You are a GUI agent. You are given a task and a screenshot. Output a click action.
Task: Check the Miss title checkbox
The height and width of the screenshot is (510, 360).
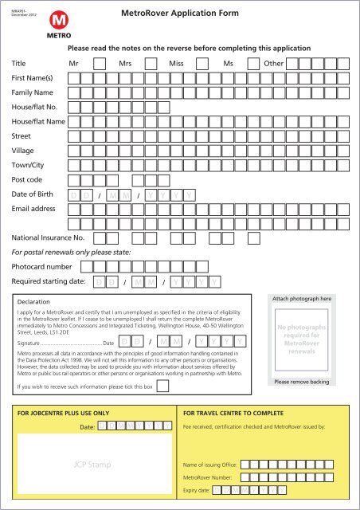[x=203, y=62]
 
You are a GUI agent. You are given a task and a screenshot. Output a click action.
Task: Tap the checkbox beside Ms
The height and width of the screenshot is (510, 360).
[x=253, y=62]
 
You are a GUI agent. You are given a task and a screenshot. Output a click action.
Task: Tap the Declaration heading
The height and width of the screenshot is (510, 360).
[x=34, y=303]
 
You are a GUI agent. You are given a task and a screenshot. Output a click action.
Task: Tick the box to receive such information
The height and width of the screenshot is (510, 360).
[x=162, y=386]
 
